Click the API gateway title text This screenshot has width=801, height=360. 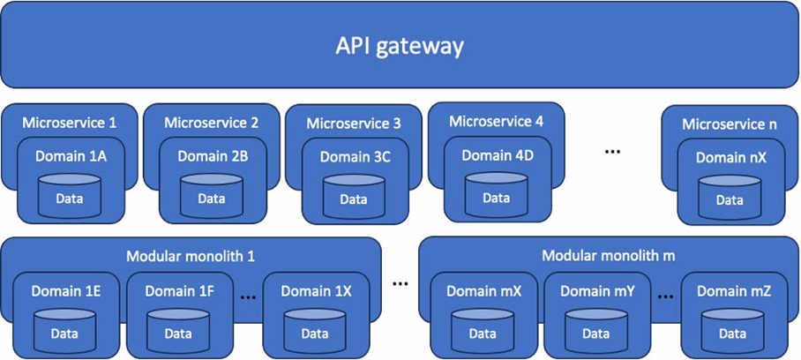[400, 45]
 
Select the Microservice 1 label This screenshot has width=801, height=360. [69, 123]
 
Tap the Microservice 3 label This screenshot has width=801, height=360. [353, 124]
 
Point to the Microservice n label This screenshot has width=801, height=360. [730, 124]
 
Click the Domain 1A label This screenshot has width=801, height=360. [69, 156]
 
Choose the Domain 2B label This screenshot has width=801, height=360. [212, 156]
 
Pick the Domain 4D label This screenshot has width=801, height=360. [498, 155]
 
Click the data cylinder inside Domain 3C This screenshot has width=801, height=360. [353, 196]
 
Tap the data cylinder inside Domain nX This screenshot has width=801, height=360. [730, 196]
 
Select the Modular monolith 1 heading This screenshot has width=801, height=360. [191, 257]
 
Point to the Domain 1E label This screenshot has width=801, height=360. [64, 289]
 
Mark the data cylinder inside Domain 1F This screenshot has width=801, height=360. [177, 328]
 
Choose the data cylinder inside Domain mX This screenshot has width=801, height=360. [482, 328]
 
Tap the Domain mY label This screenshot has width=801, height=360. [595, 289]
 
